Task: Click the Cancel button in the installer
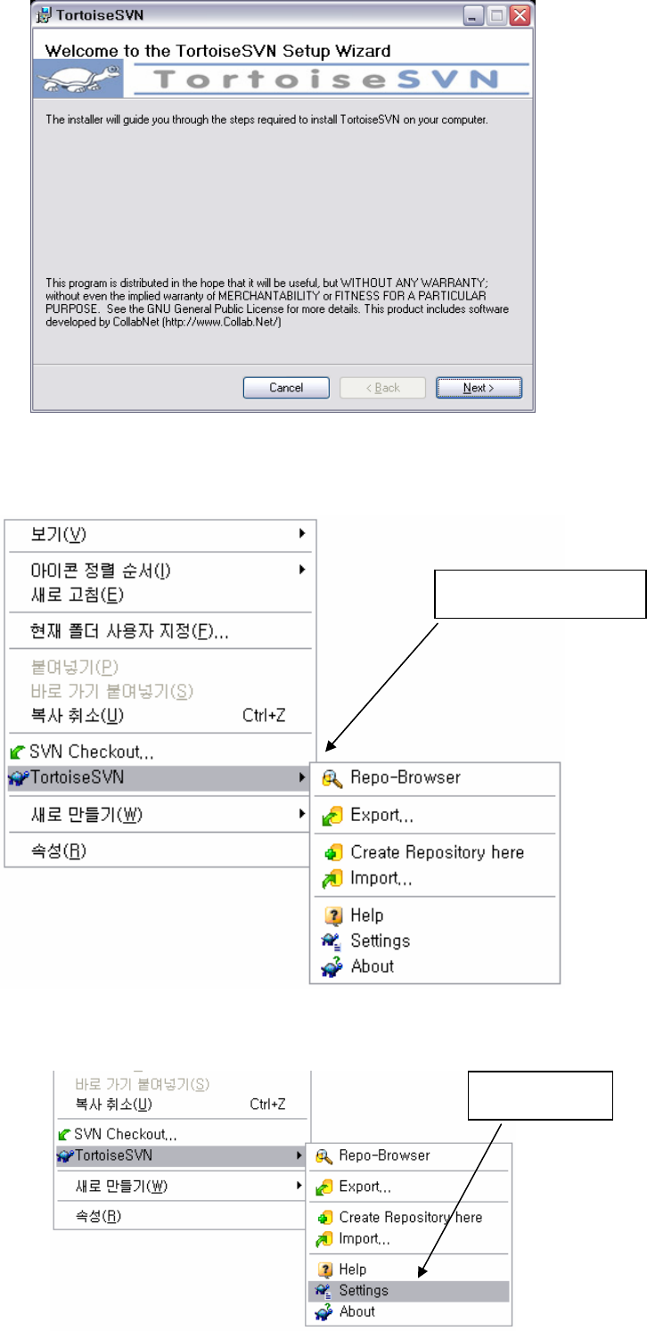(286, 388)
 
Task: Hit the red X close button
(520, 16)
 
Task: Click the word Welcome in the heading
(78, 51)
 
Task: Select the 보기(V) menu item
(59, 535)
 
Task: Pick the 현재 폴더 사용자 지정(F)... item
(128, 633)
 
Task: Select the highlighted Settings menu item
(364, 1290)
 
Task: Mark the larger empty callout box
(539, 592)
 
